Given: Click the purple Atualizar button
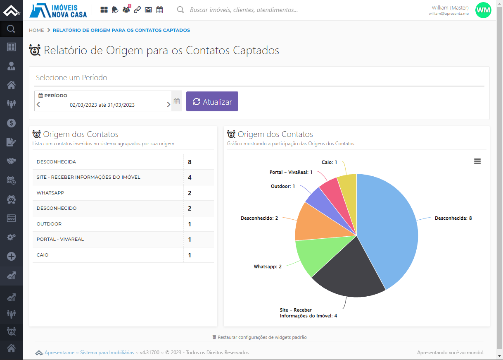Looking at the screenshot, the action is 212,101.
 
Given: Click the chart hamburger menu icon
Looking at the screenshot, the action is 477,161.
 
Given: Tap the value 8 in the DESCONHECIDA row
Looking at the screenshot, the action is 190,162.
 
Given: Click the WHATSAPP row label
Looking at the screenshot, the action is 50,193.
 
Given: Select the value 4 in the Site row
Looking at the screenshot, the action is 190,177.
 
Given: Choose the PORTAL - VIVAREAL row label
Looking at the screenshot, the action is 60,239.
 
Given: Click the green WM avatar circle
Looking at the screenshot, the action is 483,10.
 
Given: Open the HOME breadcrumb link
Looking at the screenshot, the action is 36,30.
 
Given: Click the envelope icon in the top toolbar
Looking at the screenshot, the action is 148,10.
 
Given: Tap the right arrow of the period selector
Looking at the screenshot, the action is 168,105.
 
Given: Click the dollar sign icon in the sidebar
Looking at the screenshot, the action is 11,123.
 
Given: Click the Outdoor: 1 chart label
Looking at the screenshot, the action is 283,186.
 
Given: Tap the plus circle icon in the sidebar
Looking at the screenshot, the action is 11,256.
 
